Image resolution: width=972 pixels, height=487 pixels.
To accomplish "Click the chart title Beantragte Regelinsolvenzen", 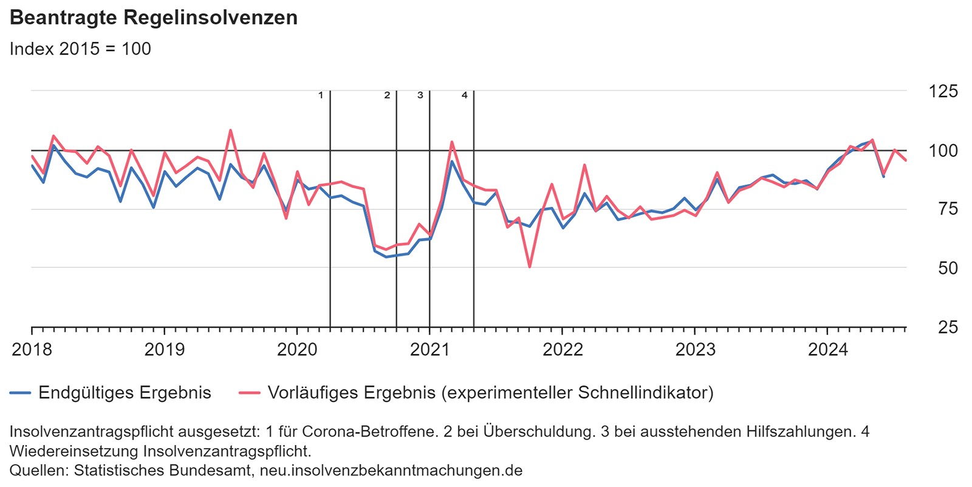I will [154, 18].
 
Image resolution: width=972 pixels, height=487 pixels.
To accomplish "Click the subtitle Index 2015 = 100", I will [80, 49].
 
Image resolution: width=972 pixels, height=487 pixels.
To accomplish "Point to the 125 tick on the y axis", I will [943, 92].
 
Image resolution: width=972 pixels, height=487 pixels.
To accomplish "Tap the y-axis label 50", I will [948, 268].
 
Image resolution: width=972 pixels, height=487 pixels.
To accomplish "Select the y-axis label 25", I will [948, 327].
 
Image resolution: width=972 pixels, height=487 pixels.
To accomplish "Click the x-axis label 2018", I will [32, 350].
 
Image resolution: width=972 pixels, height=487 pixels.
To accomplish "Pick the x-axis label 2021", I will [430, 350].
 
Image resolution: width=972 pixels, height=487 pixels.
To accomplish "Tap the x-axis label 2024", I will [827, 350].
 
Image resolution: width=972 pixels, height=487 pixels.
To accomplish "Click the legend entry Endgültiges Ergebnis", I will [125, 393].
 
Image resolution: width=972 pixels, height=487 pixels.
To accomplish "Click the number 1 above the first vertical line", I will [321, 95].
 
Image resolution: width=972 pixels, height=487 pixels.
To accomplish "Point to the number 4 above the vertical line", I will [465, 95].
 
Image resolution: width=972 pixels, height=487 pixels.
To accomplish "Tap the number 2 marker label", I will [387, 95].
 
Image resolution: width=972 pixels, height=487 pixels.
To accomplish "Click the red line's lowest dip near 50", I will [530, 267].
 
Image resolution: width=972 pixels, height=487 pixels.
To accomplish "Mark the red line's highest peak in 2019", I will [230, 130].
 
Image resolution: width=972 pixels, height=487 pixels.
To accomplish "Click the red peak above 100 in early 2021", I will [452, 142].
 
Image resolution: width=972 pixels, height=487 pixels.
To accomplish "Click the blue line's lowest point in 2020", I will [386, 257].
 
